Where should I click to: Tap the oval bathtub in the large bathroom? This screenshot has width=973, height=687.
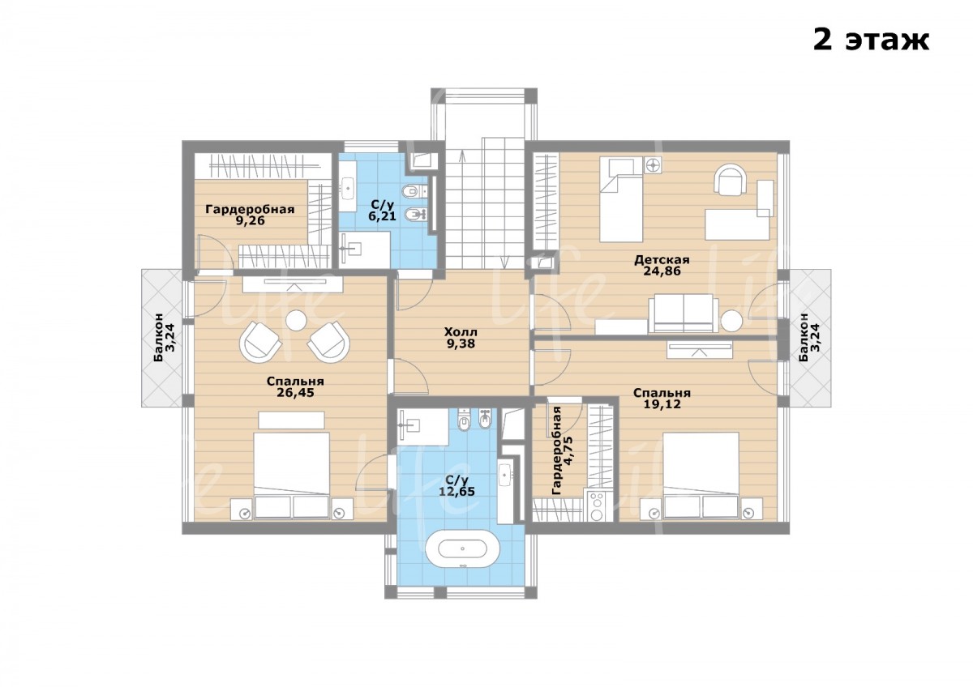coord(462,548)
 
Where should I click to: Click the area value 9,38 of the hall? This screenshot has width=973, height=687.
coord(461,343)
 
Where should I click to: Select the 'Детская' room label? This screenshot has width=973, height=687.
coord(662,260)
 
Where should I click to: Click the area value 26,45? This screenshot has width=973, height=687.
coord(295,392)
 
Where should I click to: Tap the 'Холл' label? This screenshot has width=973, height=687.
coord(461,332)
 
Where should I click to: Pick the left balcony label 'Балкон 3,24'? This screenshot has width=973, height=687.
coord(164,337)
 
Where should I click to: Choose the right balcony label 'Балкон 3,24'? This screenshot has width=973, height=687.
coord(809,337)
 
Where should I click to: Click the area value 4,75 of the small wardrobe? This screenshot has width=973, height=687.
coord(569,450)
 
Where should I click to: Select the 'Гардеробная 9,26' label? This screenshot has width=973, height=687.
coord(251,215)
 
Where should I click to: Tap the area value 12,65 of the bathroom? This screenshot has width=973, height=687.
coord(457,491)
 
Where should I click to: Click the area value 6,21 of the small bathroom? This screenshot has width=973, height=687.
coord(382,215)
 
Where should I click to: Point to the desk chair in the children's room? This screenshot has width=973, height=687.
coord(731,179)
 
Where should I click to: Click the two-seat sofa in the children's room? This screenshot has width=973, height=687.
coord(680,314)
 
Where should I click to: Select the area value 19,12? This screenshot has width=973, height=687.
coord(662,404)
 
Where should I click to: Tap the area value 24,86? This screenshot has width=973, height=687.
coord(662,271)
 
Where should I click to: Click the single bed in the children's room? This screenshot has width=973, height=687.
coord(621,199)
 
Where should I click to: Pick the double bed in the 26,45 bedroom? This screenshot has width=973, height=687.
coord(291,475)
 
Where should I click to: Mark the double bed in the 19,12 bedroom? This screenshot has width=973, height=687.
coord(701,475)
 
